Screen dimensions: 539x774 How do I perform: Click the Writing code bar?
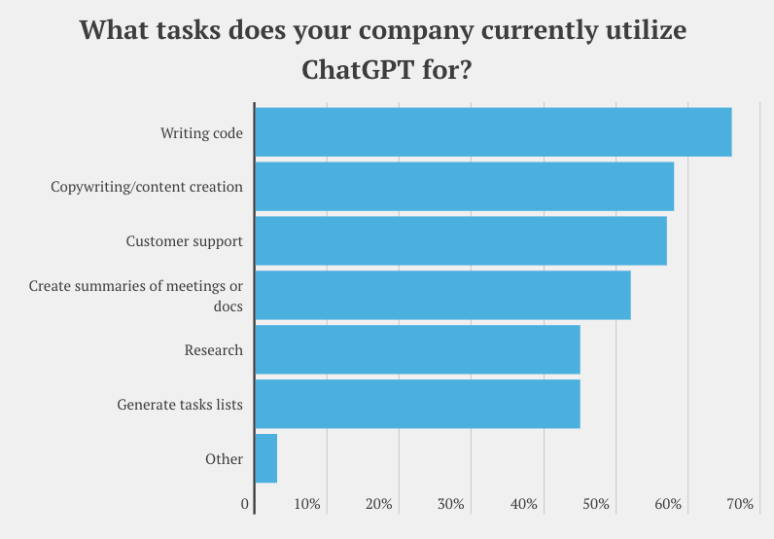click(x=492, y=132)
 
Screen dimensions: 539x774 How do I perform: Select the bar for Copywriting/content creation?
click(x=464, y=187)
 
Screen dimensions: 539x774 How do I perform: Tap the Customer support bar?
click(x=460, y=241)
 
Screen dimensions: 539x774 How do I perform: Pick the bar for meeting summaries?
click(x=442, y=296)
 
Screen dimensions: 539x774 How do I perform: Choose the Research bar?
click(x=417, y=350)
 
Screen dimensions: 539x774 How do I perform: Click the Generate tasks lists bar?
click(x=417, y=405)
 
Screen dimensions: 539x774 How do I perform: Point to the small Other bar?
click(x=265, y=459)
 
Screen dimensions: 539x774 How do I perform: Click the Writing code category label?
click(x=201, y=132)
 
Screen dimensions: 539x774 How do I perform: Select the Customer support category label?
click(x=184, y=241)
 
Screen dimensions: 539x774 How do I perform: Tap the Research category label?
click(x=213, y=350)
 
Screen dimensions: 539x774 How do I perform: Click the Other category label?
click(x=224, y=459)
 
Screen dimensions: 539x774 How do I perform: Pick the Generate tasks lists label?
click(x=180, y=405)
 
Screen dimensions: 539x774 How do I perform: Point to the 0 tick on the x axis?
click(x=245, y=504)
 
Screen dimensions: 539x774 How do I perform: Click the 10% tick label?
click(x=307, y=504)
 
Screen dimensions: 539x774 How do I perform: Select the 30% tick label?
click(x=451, y=504)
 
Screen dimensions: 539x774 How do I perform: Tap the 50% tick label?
click(x=596, y=504)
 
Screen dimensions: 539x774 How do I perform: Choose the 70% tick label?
click(x=740, y=504)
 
